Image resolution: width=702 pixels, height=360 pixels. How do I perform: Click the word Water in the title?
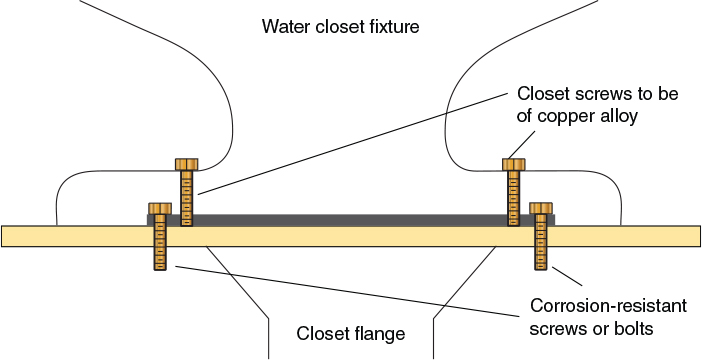coord(284,27)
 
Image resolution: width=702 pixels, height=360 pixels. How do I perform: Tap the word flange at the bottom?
coord(379,333)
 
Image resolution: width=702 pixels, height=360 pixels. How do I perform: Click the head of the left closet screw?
coord(186,164)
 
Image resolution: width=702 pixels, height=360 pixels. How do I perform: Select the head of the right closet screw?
coord(513,164)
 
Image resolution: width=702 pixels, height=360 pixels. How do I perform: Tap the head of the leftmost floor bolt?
coord(159,207)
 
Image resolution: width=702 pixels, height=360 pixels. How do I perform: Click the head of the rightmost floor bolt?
coord(541,207)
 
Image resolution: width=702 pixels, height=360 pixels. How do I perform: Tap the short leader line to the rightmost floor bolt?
coord(565,276)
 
